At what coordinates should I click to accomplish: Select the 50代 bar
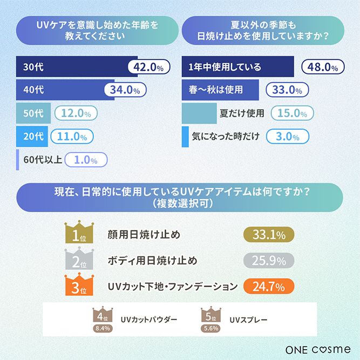pos(33,113)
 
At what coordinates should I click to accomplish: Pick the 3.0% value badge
pos(287,137)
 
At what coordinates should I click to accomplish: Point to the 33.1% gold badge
pos(269,234)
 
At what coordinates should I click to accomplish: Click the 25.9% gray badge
pos(269,260)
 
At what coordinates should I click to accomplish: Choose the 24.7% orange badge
pos(269,286)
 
